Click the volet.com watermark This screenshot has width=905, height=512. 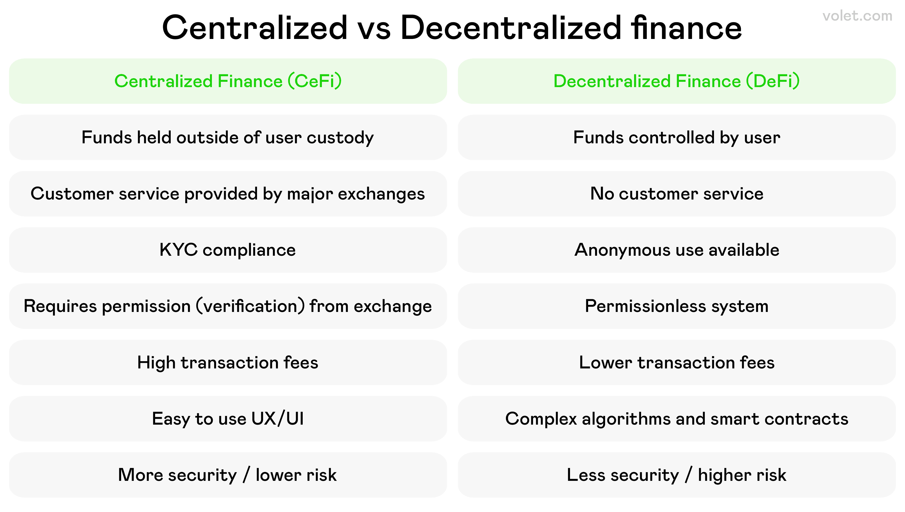pyautogui.click(x=857, y=16)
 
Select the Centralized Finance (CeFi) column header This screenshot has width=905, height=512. pyautogui.click(x=228, y=81)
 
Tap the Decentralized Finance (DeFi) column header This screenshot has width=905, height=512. pyautogui.click(x=677, y=81)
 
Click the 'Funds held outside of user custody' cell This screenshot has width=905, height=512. pyautogui.click(x=228, y=137)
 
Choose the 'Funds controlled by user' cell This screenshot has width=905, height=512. pyautogui.click(x=677, y=137)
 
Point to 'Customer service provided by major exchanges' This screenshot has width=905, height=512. pyautogui.click(x=228, y=194)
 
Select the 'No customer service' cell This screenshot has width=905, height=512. pyautogui.click(x=677, y=194)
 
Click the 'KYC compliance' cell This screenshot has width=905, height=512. pyautogui.click(x=228, y=250)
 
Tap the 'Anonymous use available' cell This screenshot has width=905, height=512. pyautogui.click(x=677, y=250)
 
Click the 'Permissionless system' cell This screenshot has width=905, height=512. pyautogui.click(x=677, y=306)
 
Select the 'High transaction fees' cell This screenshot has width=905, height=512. pyautogui.click(x=228, y=363)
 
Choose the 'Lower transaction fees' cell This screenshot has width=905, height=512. pyautogui.click(x=677, y=363)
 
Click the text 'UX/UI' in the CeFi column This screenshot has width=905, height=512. pyautogui.click(x=277, y=419)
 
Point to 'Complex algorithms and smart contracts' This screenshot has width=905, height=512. pyautogui.click(x=677, y=419)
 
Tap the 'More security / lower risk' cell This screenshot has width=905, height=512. pyautogui.click(x=228, y=475)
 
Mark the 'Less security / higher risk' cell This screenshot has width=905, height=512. pyautogui.click(x=677, y=475)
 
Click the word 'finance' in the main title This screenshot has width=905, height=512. pyautogui.click(x=686, y=28)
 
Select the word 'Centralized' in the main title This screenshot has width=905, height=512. pyautogui.click(x=255, y=28)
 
